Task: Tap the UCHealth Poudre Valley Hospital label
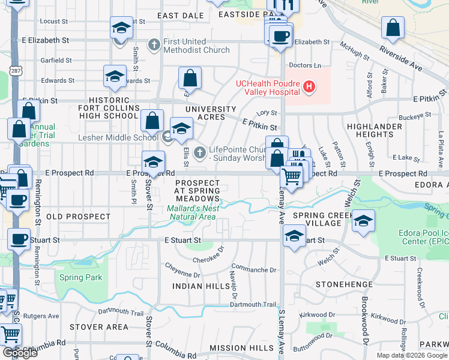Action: click(268, 88)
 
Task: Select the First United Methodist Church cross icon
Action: click(154, 46)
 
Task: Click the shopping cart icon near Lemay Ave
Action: click(291, 177)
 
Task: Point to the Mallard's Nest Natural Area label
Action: click(191, 212)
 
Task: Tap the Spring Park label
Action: click(81, 278)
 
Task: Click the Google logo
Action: click(20, 353)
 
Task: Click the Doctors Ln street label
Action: click(305, 65)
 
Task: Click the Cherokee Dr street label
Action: click(208, 259)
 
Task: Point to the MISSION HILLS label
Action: click(241, 348)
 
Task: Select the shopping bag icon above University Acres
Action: click(190, 78)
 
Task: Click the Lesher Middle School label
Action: click(118, 137)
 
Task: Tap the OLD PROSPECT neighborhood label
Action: click(71, 216)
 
